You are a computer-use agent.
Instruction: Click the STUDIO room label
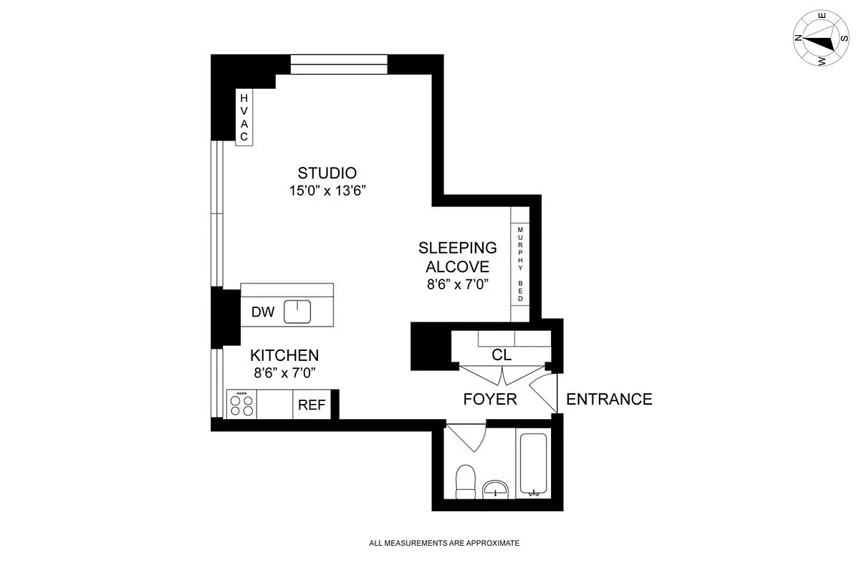[x=327, y=173]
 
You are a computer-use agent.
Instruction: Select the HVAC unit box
[x=244, y=117]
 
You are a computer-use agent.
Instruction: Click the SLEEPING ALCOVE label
[x=457, y=257]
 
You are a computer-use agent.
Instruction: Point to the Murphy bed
[x=520, y=264]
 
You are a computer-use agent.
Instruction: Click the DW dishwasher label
[x=263, y=312]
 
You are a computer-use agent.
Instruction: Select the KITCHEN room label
[x=284, y=355]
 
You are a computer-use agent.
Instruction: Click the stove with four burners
[x=241, y=405]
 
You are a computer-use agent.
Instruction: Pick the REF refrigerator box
[x=312, y=405]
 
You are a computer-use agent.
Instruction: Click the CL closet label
[x=502, y=355]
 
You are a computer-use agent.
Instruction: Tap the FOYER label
[x=490, y=399]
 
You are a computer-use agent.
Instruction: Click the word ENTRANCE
[x=609, y=399]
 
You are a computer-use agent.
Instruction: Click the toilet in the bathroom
[x=466, y=481]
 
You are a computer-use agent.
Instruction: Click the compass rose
[x=819, y=39]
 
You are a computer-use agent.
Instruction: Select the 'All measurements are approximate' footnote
[x=444, y=544]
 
